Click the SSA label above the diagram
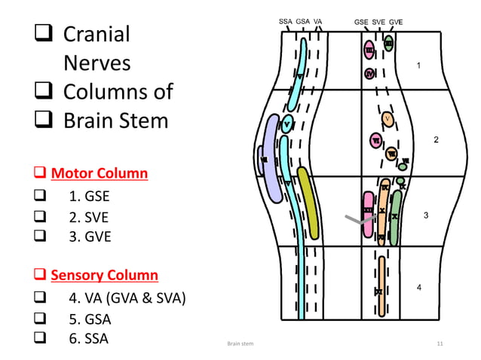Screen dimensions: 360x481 pyautogui.click(x=286, y=22)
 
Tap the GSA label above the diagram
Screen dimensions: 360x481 pyautogui.click(x=303, y=22)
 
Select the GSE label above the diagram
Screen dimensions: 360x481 pyautogui.click(x=362, y=22)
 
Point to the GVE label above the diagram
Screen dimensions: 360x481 pyautogui.click(x=395, y=22)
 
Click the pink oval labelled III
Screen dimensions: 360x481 pyautogui.click(x=369, y=50)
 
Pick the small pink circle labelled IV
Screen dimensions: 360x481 pyautogui.click(x=369, y=74)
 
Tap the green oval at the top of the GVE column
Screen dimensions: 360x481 pyautogui.click(x=389, y=43)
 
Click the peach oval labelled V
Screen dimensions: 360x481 pyautogui.click(x=388, y=119)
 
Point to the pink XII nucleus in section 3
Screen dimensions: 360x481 pyautogui.click(x=368, y=213)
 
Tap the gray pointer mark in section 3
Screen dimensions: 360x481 pyautogui.click(x=359, y=221)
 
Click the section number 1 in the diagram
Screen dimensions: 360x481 pyautogui.click(x=419, y=66)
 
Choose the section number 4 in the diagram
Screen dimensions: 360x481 pyautogui.click(x=419, y=288)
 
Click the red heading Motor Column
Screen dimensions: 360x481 pyautogui.click(x=99, y=174)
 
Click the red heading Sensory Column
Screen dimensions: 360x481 pyautogui.click(x=104, y=275)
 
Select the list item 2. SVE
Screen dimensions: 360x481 pyautogui.click(x=90, y=218)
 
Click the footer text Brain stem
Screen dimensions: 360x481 pyautogui.click(x=240, y=344)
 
